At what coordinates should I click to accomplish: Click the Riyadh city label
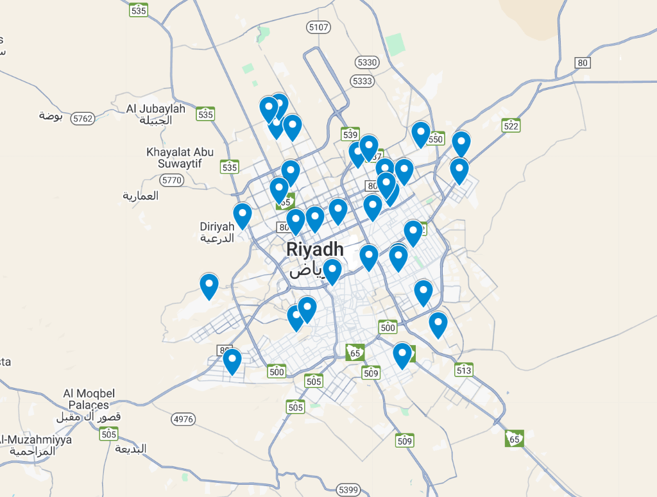tap(315, 249)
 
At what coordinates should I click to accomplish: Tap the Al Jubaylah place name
tap(157, 109)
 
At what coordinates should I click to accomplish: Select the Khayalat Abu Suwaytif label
tap(180, 158)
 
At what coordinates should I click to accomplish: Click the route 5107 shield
tap(318, 27)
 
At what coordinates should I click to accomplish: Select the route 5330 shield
tap(366, 62)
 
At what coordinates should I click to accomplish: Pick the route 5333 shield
tap(363, 81)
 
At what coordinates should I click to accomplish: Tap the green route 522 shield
tap(511, 126)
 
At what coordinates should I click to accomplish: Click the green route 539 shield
tap(350, 134)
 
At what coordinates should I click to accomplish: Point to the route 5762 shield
tap(83, 118)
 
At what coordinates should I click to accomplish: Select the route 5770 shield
tap(171, 180)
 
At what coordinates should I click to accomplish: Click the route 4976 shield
tap(183, 419)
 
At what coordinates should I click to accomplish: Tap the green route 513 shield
tap(464, 369)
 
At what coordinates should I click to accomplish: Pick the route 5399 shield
tap(348, 490)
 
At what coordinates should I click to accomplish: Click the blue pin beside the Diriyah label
tap(242, 214)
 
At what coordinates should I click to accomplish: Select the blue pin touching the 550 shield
tap(420, 133)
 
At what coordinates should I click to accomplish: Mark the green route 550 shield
tap(436, 139)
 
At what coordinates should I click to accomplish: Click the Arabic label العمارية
tap(141, 196)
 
